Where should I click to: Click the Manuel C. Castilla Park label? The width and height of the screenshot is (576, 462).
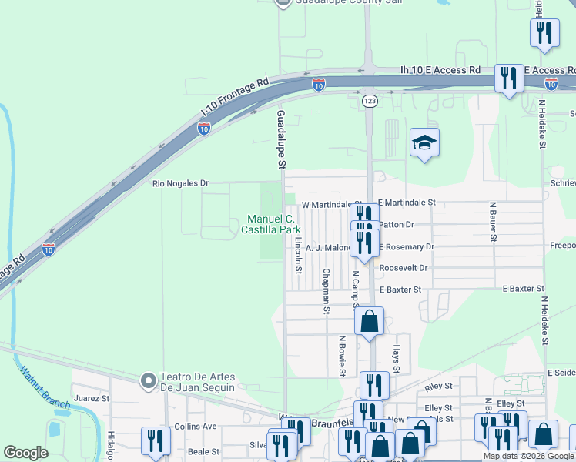click(270, 224)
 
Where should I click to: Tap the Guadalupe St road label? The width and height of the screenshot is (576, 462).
click(281, 139)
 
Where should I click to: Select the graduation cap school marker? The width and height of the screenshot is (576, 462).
click(424, 143)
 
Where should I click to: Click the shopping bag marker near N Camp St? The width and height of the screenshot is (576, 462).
click(370, 320)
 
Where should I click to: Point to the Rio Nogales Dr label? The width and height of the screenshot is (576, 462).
click(181, 183)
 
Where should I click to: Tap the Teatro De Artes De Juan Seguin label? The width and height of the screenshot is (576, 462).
click(197, 382)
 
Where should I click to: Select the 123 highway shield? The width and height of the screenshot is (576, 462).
click(370, 101)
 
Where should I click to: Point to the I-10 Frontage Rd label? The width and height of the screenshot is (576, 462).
click(234, 97)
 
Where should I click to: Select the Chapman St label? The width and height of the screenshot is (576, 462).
click(327, 291)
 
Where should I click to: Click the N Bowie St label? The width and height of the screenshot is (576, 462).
click(342, 356)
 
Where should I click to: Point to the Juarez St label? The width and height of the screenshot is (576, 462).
click(92, 400)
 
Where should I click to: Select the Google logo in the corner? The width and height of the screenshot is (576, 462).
click(25, 453)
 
